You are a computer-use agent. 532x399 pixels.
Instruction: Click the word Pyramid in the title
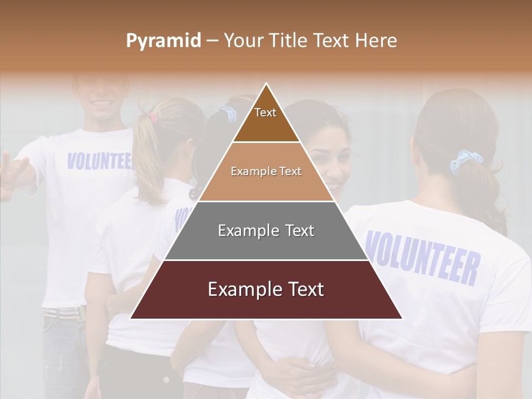(163, 41)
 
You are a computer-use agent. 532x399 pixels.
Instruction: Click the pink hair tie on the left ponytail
(152, 117)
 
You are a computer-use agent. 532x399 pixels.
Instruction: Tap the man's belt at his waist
(62, 314)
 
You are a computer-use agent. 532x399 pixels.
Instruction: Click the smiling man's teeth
(101, 103)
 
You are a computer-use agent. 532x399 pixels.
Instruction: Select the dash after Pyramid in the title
(212, 41)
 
